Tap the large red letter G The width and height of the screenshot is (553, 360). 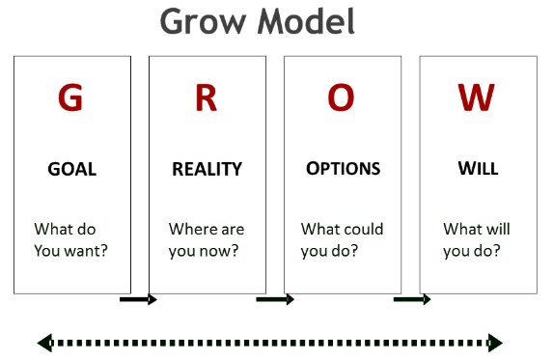tap(71, 97)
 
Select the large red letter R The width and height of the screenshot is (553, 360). tap(207, 97)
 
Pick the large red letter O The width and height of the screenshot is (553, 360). tap(342, 97)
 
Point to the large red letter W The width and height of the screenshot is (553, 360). tap(477, 97)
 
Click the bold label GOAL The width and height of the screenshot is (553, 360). tap(72, 169)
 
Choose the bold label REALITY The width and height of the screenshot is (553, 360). tap(207, 169)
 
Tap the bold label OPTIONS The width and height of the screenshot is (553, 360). tap(343, 169)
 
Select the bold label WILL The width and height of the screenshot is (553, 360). tap(478, 169)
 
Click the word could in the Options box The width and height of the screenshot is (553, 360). tap(363, 230)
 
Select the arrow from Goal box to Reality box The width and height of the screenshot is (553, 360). tap(138, 300)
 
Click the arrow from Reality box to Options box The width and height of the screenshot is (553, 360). tap(274, 300)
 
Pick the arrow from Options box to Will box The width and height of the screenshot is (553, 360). tap(412, 300)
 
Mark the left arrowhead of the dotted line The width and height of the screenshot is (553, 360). tap(44, 342)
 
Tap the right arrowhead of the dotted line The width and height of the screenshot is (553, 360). tap(496, 342)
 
